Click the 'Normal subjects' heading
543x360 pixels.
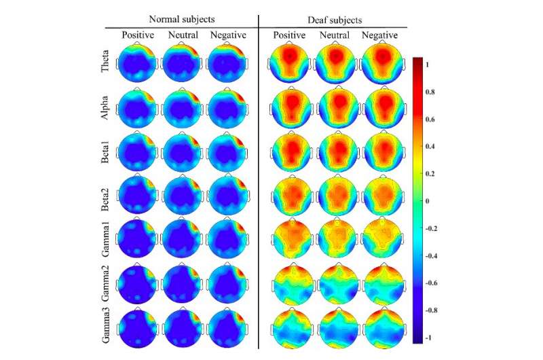click(181, 20)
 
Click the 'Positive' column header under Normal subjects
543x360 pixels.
click(139, 35)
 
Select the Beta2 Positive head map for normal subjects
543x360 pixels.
click(138, 196)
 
